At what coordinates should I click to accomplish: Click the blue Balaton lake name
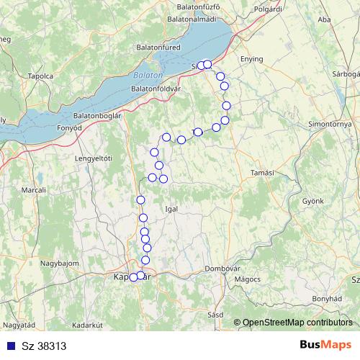coord(148,75)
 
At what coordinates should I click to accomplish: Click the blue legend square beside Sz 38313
coord(9,345)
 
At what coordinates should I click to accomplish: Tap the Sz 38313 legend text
coord(39,345)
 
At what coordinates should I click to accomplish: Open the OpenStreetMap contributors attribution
coord(297,322)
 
